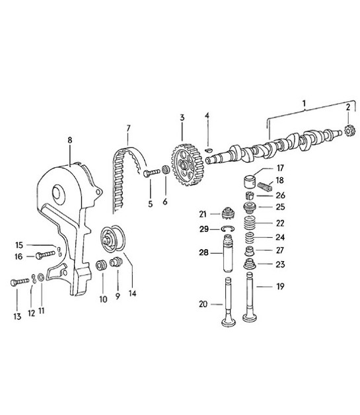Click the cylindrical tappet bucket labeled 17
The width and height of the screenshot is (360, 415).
[251, 180]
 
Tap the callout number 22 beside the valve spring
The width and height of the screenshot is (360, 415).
[280, 223]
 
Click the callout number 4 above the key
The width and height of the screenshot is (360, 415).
[207, 116]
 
